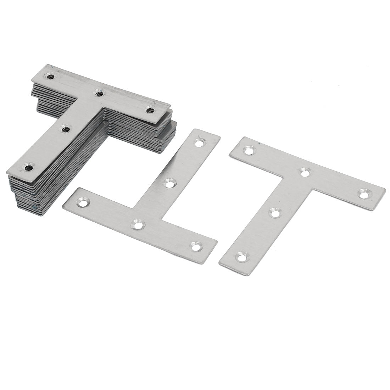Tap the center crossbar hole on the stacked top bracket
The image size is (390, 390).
coord(100,94)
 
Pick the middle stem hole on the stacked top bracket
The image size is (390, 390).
coord(66,130)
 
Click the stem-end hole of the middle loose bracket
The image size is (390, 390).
coord(200,143)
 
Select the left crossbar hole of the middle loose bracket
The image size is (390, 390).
coord(84,203)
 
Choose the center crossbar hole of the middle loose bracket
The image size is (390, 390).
coord(138,224)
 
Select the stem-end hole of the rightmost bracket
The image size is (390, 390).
coord(242,256)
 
